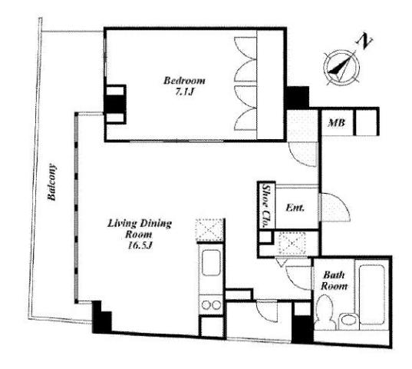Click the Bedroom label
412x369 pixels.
pyautogui.click(x=184, y=80)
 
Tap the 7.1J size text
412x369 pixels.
pyautogui.click(x=184, y=91)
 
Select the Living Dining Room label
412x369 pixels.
pyautogui.click(x=140, y=229)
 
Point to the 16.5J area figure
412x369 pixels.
pyautogui.click(x=140, y=245)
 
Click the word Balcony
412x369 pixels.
pyautogui.click(x=51, y=182)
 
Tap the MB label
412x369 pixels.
pyautogui.click(x=337, y=123)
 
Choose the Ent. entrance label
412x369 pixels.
pyautogui.click(x=295, y=208)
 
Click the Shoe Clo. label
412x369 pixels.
pyautogui.click(x=266, y=206)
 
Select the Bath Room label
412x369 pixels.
pyautogui.click(x=334, y=281)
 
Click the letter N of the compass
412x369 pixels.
pyautogui.click(x=364, y=41)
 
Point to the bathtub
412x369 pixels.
pyautogui.click(x=372, y=294)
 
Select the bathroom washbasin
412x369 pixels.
pyautogui.click(x=348, y=321)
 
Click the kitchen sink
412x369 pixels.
pyautogui.click(x=211, y=263)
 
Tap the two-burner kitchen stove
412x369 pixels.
pyautogui.click(x=211, y=304)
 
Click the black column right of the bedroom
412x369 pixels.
pyautogui.click(x=298, y=97)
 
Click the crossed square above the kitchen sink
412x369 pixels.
pyautogui.click(x=209, y=230)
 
